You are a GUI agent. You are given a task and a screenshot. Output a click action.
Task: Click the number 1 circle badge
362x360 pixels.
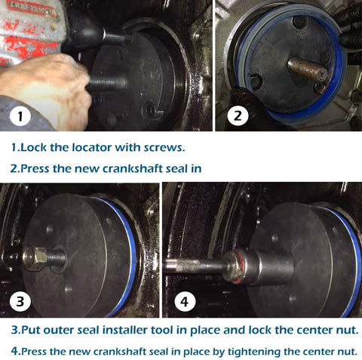coord(20,116)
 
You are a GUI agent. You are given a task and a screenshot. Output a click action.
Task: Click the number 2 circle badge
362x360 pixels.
coord(238,115)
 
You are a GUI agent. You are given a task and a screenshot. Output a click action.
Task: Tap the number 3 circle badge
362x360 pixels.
coord(20,301)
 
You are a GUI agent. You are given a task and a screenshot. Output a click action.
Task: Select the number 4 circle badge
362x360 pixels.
coord(185,301)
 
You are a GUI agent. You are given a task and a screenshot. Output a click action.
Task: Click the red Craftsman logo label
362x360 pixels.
coord(31,8)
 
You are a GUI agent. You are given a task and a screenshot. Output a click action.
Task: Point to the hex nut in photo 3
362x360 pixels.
coord(35,259)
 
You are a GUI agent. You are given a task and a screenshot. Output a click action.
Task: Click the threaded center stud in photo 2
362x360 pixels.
coord(307,68)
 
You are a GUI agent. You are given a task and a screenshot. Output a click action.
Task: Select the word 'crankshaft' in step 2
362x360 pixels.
coord(133,168)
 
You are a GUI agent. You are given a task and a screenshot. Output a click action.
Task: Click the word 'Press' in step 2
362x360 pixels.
coord(35,168)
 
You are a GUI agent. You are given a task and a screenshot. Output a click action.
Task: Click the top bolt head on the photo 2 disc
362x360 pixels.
coord(300,22)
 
